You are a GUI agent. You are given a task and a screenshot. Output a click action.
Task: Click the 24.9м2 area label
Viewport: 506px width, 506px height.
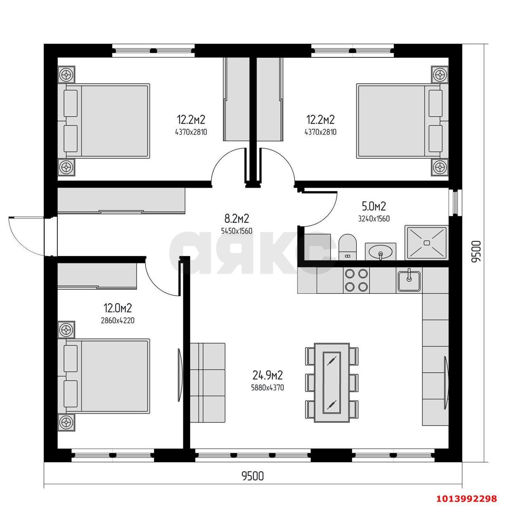[268, 375]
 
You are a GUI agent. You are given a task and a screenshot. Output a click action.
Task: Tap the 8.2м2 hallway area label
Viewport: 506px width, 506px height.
[236, 218]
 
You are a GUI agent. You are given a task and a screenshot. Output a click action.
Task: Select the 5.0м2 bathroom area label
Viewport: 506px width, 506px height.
[374, 206]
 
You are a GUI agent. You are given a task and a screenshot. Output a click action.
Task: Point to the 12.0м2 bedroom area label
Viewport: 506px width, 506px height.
[117, 308]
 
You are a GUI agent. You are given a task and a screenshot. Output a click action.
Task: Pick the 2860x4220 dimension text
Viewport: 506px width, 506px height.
[118, 321]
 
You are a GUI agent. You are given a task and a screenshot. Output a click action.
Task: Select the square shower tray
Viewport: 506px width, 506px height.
[426, 243]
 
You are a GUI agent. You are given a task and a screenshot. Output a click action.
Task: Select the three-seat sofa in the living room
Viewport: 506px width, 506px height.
[207, 382]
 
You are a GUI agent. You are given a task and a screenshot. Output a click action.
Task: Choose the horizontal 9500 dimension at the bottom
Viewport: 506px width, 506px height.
[253, 476]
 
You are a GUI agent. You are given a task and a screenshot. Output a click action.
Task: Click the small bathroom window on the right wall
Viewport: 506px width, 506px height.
[455, 202]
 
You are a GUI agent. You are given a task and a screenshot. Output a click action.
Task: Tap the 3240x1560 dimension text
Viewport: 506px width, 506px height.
[374, 219]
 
